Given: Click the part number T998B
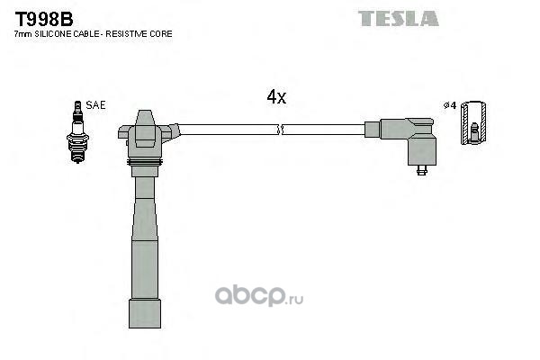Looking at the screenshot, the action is pos(44,19).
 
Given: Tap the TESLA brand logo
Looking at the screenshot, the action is pos(399,18).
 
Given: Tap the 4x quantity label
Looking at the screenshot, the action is pos(276,97).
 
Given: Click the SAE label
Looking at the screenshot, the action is pos(95,105).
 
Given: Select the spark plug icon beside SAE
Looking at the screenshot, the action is pos(77,132).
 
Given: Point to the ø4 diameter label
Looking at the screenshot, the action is pos(450,105).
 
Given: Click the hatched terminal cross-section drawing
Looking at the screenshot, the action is pos(473,123).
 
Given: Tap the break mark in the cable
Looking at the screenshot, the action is pos(280,130).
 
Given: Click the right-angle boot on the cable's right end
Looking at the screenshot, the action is pos(409,141).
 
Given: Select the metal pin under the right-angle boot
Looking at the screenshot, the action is pos(422,170).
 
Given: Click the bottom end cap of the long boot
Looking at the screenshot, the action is pos(145,313).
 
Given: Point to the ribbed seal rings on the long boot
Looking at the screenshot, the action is pos(145,163).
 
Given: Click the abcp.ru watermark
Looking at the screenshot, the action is pos(259,296).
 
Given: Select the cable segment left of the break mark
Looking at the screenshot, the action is pos(229,130).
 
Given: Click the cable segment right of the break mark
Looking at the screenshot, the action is pos(324,130).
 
